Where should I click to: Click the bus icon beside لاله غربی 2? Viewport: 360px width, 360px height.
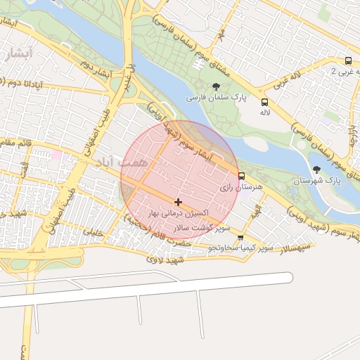[x=349, y=60]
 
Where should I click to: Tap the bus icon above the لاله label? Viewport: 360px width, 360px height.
[x=264, y=101]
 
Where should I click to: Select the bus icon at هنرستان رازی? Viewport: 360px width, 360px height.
[x=242, y=176]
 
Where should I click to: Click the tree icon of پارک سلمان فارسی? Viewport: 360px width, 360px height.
[x=215, y=86]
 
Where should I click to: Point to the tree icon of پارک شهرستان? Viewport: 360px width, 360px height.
[x=317, y=169]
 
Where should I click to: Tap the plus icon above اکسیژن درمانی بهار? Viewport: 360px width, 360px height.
[x=177, y=202]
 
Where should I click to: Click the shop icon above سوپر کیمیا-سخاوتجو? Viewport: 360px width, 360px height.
[x=240, y=238]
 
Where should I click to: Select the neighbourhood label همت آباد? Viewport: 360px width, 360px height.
[x=116, y=162]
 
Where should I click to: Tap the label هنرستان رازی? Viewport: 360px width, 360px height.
[x=235, y=188]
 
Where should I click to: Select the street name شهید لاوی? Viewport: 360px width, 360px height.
[x=165, y=260]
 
